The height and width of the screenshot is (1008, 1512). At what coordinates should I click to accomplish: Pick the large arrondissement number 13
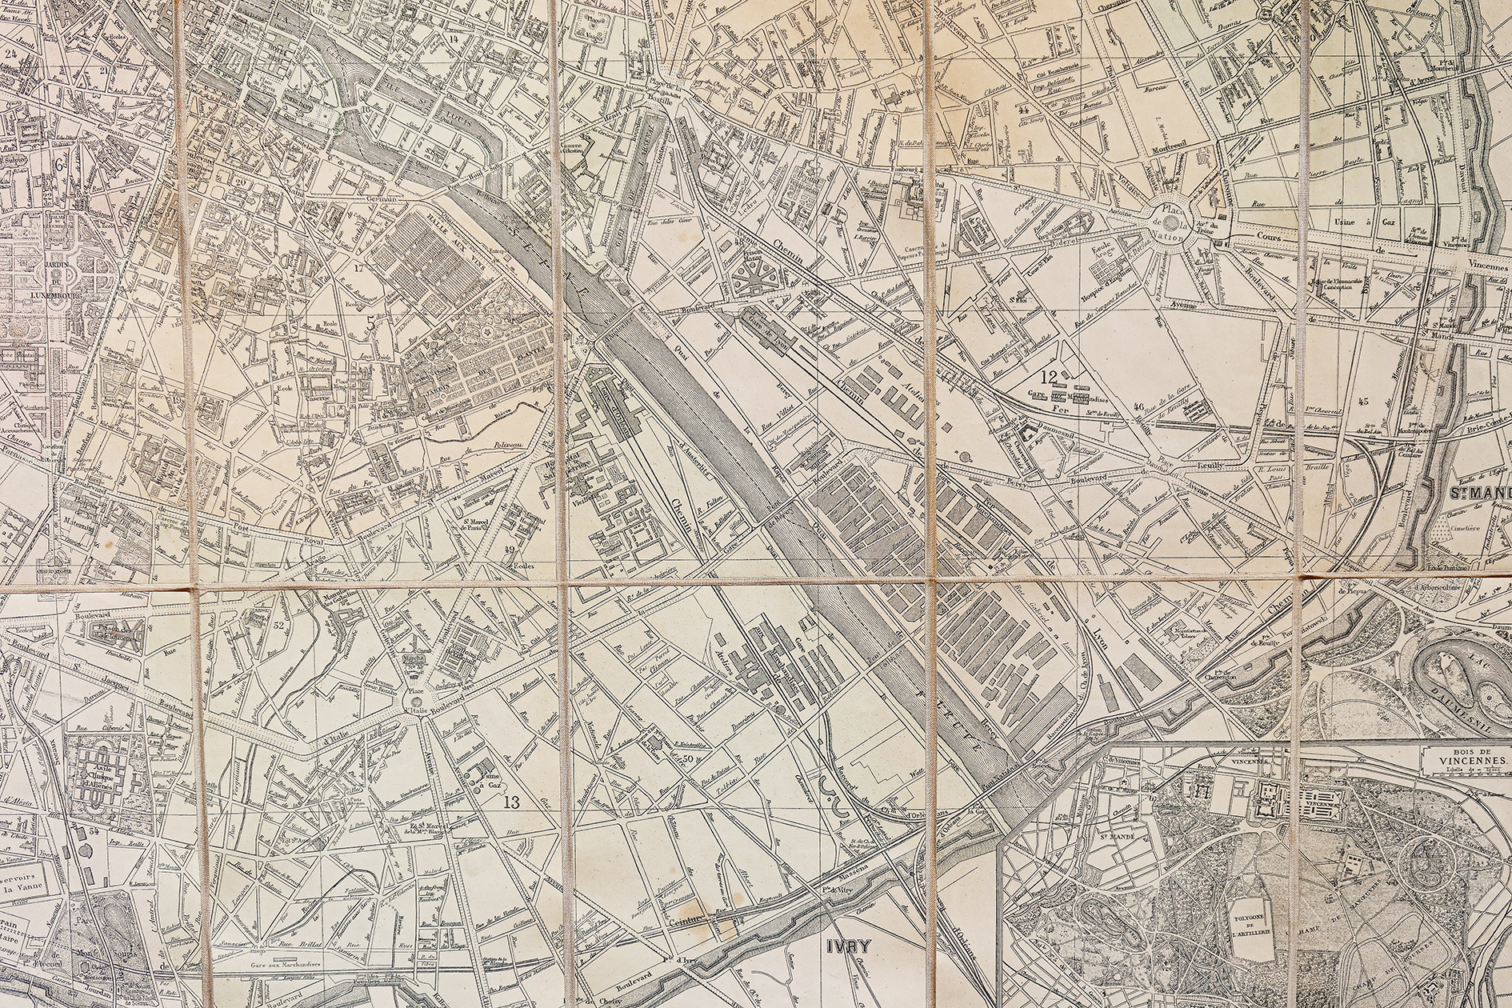tap(512, 803)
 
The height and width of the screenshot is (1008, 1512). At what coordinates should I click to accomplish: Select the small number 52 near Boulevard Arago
tap(279, 626)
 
